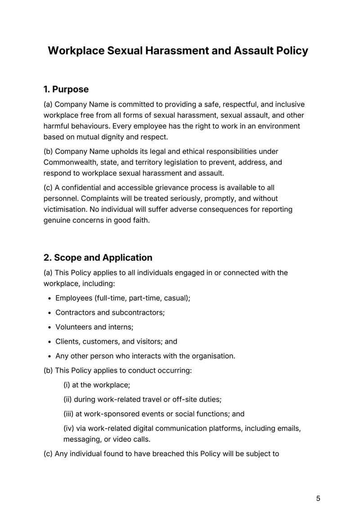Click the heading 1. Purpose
pyautogui.click(x=66, y=89)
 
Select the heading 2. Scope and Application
pyautogui.click(x=98, y=258)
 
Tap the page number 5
pyautogui.click(x=318, y=498)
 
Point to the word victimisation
pyautogui.click(x=66, y=209)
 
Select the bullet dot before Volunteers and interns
pyautogui.click(x=49, y=327)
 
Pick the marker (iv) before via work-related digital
pyautogui.click(x=69, y=428)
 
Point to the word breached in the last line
pyautogui.click(x=169, y=454)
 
